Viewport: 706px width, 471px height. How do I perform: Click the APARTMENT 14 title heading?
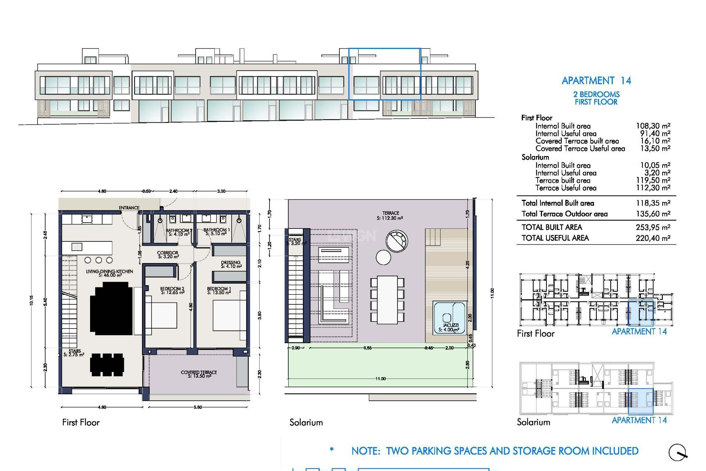[x=596, y=81]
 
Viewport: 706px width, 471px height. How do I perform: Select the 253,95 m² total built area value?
[x=653, y=227]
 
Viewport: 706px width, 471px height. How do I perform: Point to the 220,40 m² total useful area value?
[x=653, y=238]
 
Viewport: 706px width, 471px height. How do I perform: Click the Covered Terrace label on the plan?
[x=199, y=372]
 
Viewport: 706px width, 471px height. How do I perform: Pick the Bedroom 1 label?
[x=219, y=289]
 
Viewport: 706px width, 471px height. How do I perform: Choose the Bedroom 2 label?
[x=172, y=289]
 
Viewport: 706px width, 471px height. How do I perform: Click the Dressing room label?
[x=231, y=263]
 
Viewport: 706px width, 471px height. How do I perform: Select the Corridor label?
[x=168, y=253]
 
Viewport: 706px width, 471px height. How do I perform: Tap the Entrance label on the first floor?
[x=129, y=208]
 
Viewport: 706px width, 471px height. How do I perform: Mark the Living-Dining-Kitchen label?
[x=110, y=272]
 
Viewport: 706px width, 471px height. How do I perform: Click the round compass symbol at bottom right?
[x=677, y=452]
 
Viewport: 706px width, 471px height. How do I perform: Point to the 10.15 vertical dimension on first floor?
[x=32, y=300]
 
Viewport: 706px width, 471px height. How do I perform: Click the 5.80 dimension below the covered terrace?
[x=198, y=407]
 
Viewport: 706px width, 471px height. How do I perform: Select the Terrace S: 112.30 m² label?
[x=390, y=216]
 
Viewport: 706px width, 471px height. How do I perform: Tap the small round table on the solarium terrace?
[x=383, y=257]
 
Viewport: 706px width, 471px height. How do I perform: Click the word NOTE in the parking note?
[x=366, y=451]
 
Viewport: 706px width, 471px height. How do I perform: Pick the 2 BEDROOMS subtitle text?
[x=596, y=95]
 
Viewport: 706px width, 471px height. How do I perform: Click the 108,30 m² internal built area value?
[x=653, y=126]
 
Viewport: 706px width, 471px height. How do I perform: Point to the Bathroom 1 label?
[x=217, y=230]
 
